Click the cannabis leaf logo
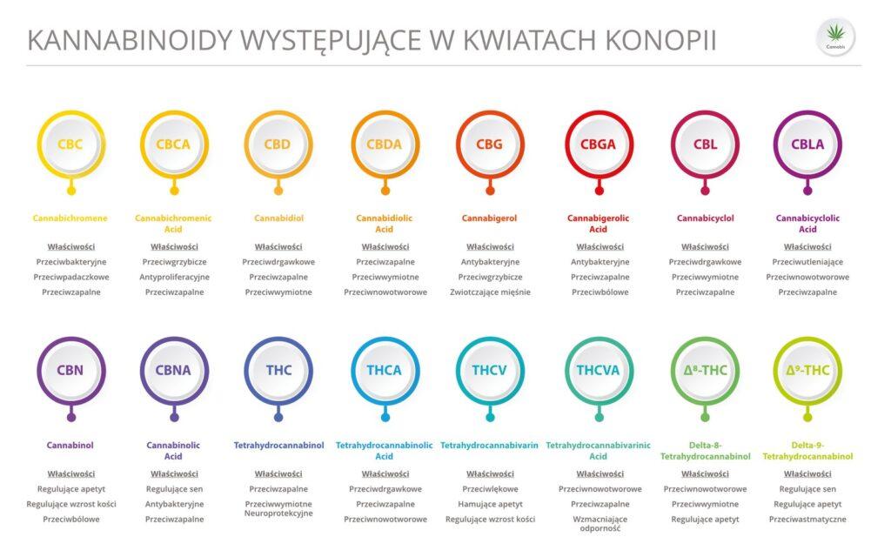[835, 36]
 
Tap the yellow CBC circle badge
[70, 144]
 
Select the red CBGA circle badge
[599, 144]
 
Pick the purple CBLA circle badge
[807, 144]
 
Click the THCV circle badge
[490, 370]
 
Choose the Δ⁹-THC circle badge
[807, 370]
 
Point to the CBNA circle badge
[173, 370]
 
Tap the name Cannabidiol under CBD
[278, 218]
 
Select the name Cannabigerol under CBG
[490, 218]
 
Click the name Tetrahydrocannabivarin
[489, 446]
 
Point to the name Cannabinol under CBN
[70, 446]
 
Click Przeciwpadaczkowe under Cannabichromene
[70, 277]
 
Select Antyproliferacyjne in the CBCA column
[174, 277]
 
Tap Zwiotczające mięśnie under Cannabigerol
[490, 292]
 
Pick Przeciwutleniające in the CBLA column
[807, 261]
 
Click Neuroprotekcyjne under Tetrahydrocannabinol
[278, 513]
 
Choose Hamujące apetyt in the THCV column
[490, 504]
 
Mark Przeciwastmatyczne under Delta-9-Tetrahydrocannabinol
[807, 520]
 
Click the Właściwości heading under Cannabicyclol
[705, 246]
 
